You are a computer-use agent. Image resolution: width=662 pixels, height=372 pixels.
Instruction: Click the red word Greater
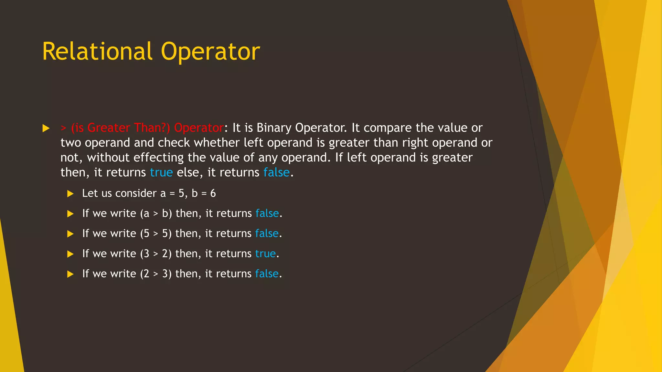(x=109, y=128)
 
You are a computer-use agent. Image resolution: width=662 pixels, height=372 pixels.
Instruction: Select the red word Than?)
(x=152, y=128)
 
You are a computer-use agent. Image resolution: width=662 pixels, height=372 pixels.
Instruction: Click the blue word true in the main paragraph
(x=161, y=172)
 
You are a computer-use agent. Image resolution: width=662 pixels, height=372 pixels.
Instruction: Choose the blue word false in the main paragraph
(x=276, y=172)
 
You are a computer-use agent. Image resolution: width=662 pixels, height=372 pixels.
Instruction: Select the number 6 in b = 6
(x=213, y=193)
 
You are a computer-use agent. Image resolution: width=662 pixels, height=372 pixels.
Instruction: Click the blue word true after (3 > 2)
(x=265, y=254)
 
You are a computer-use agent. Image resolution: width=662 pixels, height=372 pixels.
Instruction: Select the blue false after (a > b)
(x=267, y=213)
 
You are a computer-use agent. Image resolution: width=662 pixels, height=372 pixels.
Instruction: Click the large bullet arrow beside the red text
(x=46, y=129)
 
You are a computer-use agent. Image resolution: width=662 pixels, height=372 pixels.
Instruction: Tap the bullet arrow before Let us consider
(x=70, y=194)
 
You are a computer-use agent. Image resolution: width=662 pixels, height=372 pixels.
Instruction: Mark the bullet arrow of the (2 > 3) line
(x=70, y=274)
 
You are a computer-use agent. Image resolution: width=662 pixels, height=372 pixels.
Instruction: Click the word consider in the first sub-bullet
(x=136, y=193)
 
